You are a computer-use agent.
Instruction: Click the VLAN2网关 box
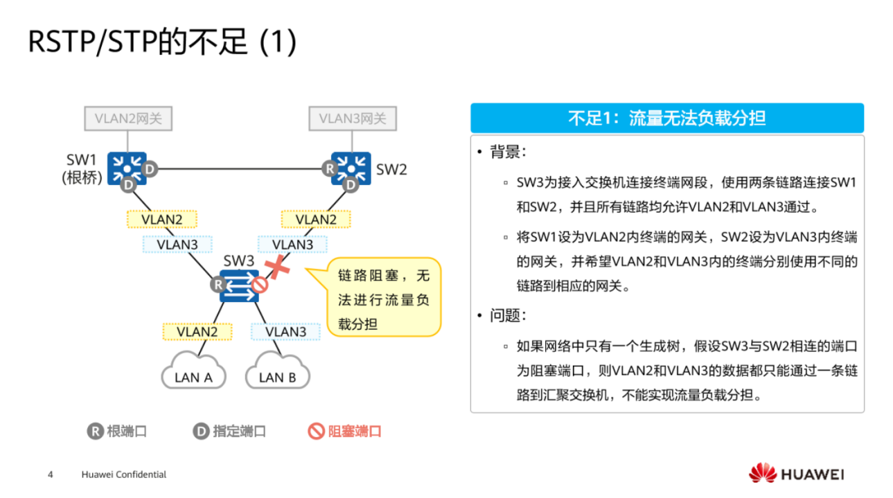128,118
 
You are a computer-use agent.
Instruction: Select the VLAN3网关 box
353,118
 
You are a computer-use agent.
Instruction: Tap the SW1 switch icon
127,167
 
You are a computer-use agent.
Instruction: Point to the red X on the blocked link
278,267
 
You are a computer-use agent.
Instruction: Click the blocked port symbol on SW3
259,285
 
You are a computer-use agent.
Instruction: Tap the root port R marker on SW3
218,284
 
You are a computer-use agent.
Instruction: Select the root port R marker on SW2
330,168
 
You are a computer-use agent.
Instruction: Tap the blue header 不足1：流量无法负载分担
666,118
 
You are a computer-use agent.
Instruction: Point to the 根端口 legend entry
117,432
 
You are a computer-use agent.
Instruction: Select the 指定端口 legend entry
229,432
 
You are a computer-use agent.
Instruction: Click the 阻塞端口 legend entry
345,432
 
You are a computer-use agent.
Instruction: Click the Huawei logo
796,474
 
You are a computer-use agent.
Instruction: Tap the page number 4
50,474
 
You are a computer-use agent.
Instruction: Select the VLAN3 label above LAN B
286,332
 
